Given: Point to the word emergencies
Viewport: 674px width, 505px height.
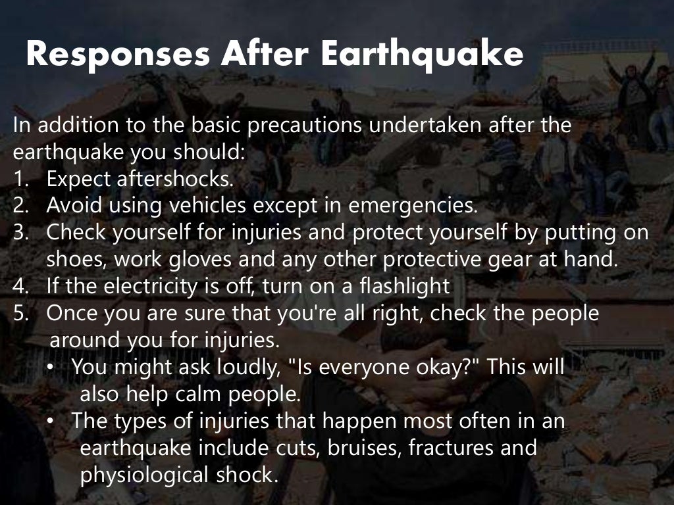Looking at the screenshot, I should (413, 205).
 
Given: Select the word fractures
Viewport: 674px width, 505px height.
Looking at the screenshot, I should (454, 448).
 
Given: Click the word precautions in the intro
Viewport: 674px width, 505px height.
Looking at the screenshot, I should (298, 125).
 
